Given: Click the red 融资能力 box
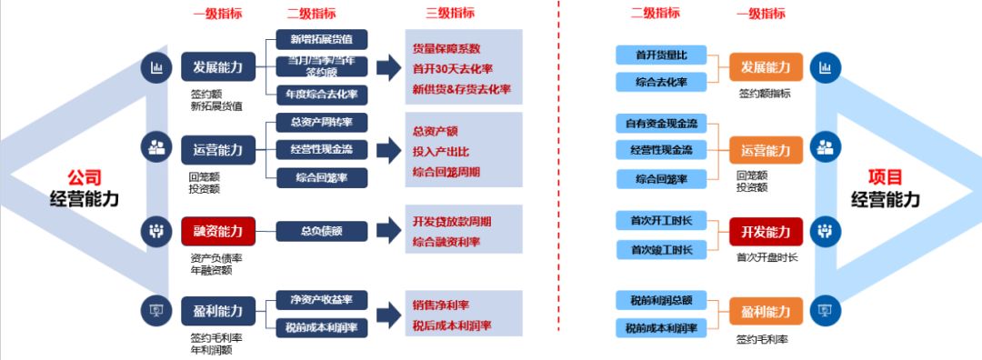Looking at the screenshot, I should (x=212, y=231).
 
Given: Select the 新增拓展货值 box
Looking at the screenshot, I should (x=322, y=39).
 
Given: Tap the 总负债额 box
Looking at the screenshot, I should (x=322, y=231).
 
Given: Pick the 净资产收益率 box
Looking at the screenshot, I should (x=322, y=299).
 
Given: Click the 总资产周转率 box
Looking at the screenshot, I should (x=322, y=122).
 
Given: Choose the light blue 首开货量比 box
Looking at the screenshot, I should (x=661, y=55).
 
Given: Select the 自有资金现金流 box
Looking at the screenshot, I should (x=661, y=124).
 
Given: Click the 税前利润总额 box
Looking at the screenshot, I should (x=661, y=299).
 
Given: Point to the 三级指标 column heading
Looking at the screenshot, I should (x=450, y=13).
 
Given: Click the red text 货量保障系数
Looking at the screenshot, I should (x=446, y=48).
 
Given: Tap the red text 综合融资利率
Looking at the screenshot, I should (x=446, y=242).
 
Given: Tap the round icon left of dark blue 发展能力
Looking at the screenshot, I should (x=156, y=67).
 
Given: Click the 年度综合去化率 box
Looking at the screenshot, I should (x=322, y=94).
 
